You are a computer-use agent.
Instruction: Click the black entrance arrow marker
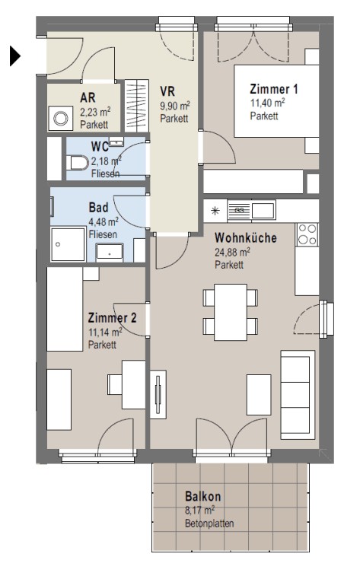tap(14, 56)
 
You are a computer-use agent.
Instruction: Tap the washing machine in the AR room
tap(61, 118)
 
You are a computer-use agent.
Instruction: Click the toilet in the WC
tap(78, 163)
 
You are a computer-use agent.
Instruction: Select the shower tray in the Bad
tap(68, 245)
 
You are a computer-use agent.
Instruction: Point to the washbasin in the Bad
tap(110, 252)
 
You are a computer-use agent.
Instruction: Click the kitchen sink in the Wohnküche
tap(252, 211)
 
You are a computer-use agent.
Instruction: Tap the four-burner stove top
tap(307, 234)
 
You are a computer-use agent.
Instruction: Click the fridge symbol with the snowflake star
tap(215, 211)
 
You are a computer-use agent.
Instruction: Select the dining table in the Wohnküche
tap(231, 312)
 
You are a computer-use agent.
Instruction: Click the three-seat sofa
tap(298, 395)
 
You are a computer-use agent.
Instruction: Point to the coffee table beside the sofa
tap(259, 395)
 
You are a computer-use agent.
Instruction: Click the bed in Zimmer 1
tap(276, 101)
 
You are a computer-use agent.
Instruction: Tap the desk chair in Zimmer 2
tap(115, 384)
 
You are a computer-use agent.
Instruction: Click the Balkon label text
tap(202, 497)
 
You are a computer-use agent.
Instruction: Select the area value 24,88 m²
tap(232, 253)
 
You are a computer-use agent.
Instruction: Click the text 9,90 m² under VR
tap(174, 107)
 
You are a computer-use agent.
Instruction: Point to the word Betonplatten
tap(209, 523)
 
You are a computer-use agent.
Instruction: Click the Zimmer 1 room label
tap(274, 89)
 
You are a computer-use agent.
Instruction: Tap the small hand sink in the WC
tap(116, 142)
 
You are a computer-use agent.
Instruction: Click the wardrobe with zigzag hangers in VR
tap(137, 106)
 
